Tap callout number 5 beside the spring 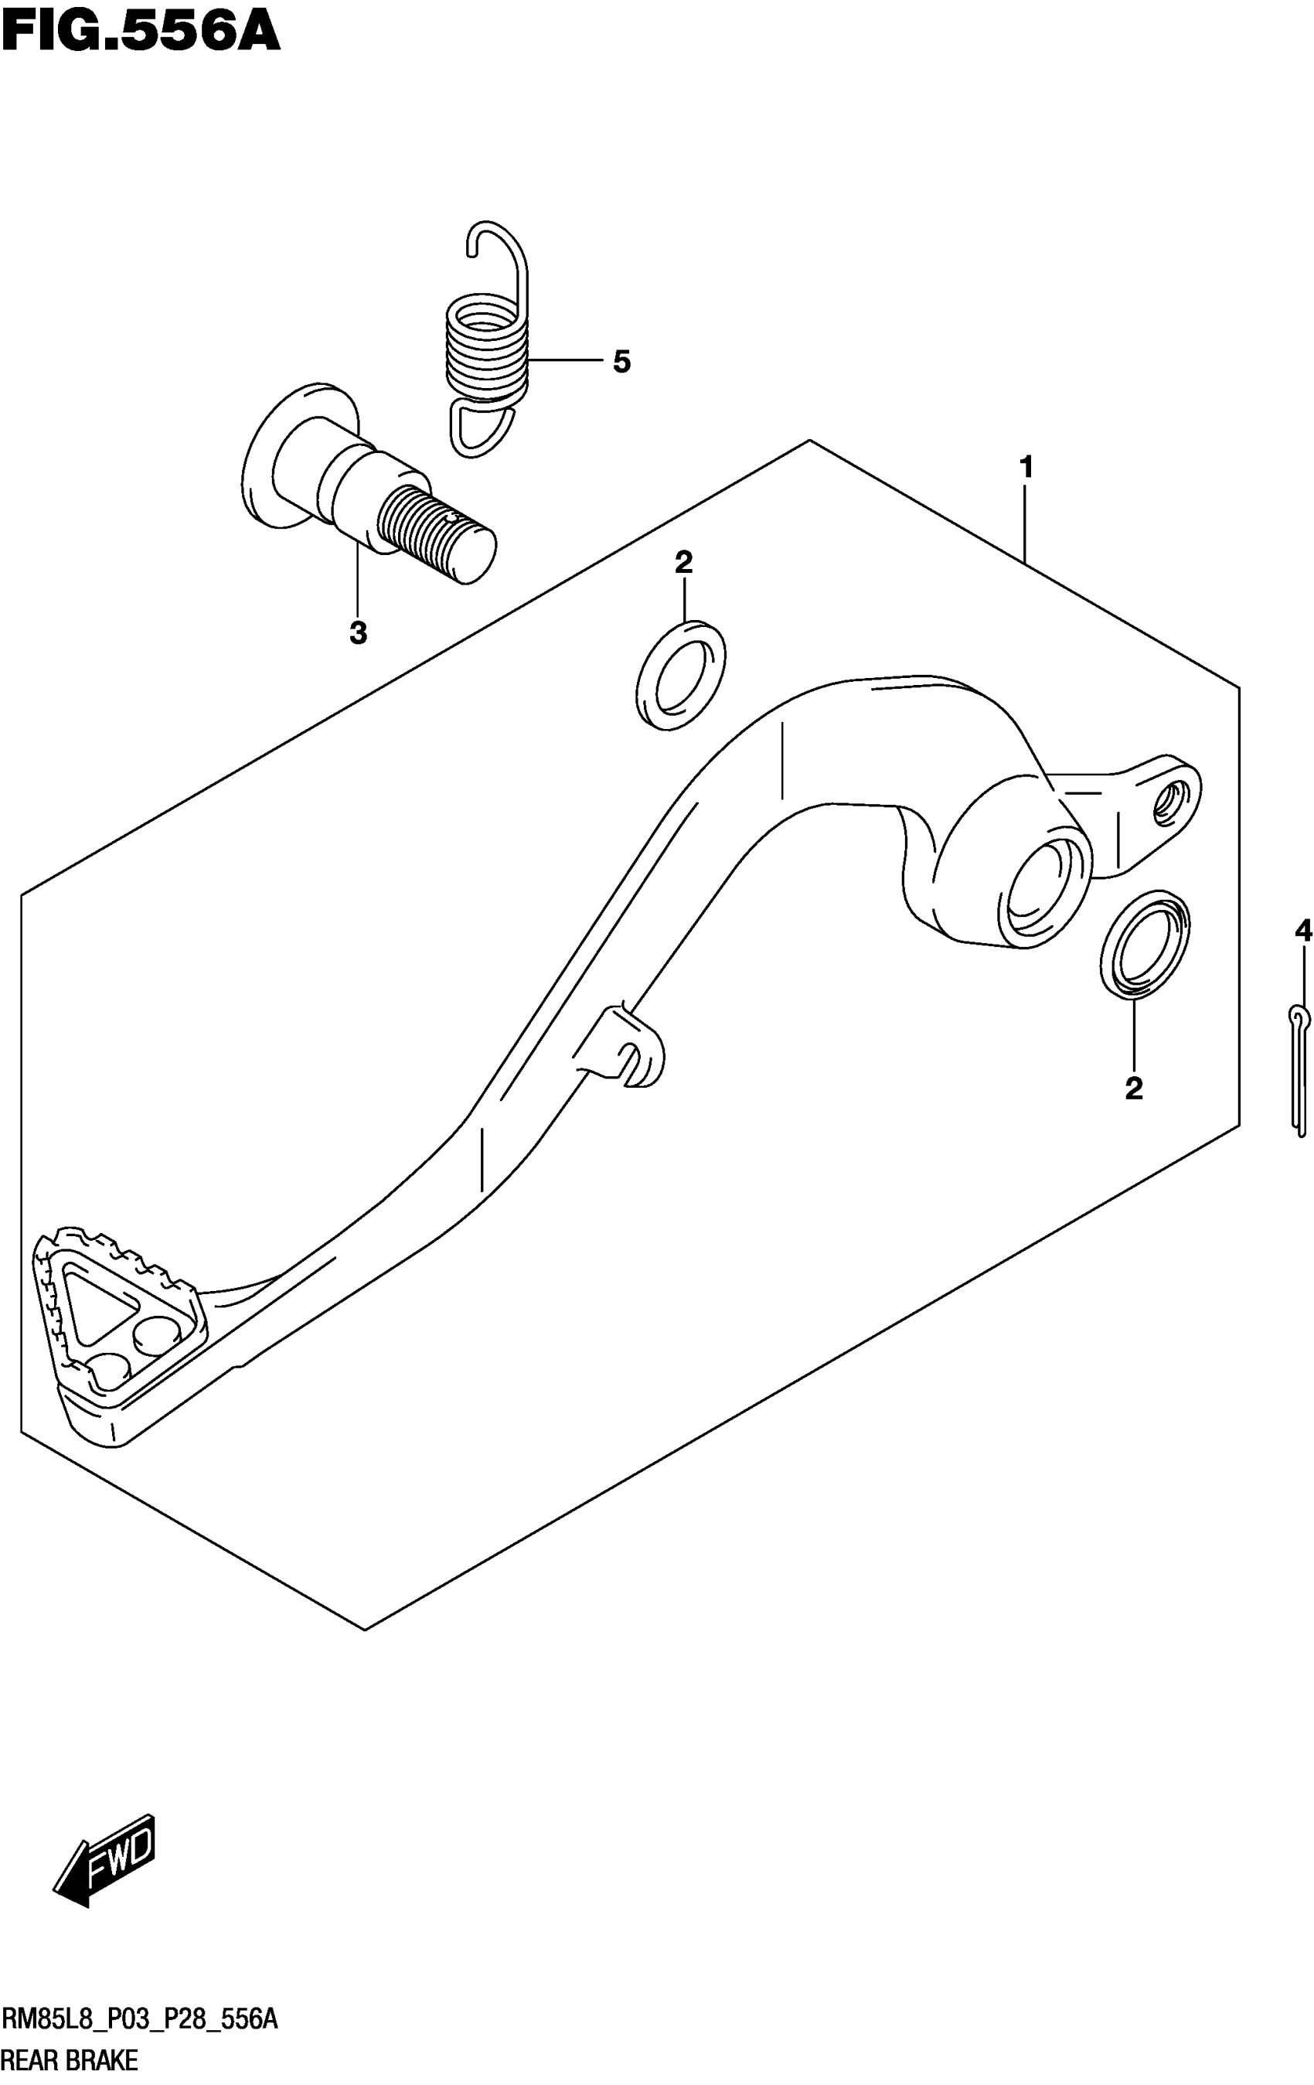tap(621, 362)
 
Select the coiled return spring tap(485, 346)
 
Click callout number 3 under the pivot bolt tap(358, 634)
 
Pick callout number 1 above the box tap(1026, 468)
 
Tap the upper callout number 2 tap(683, 563)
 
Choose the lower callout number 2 tap(1133, 1088)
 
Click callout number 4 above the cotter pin tap(1302, 932)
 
